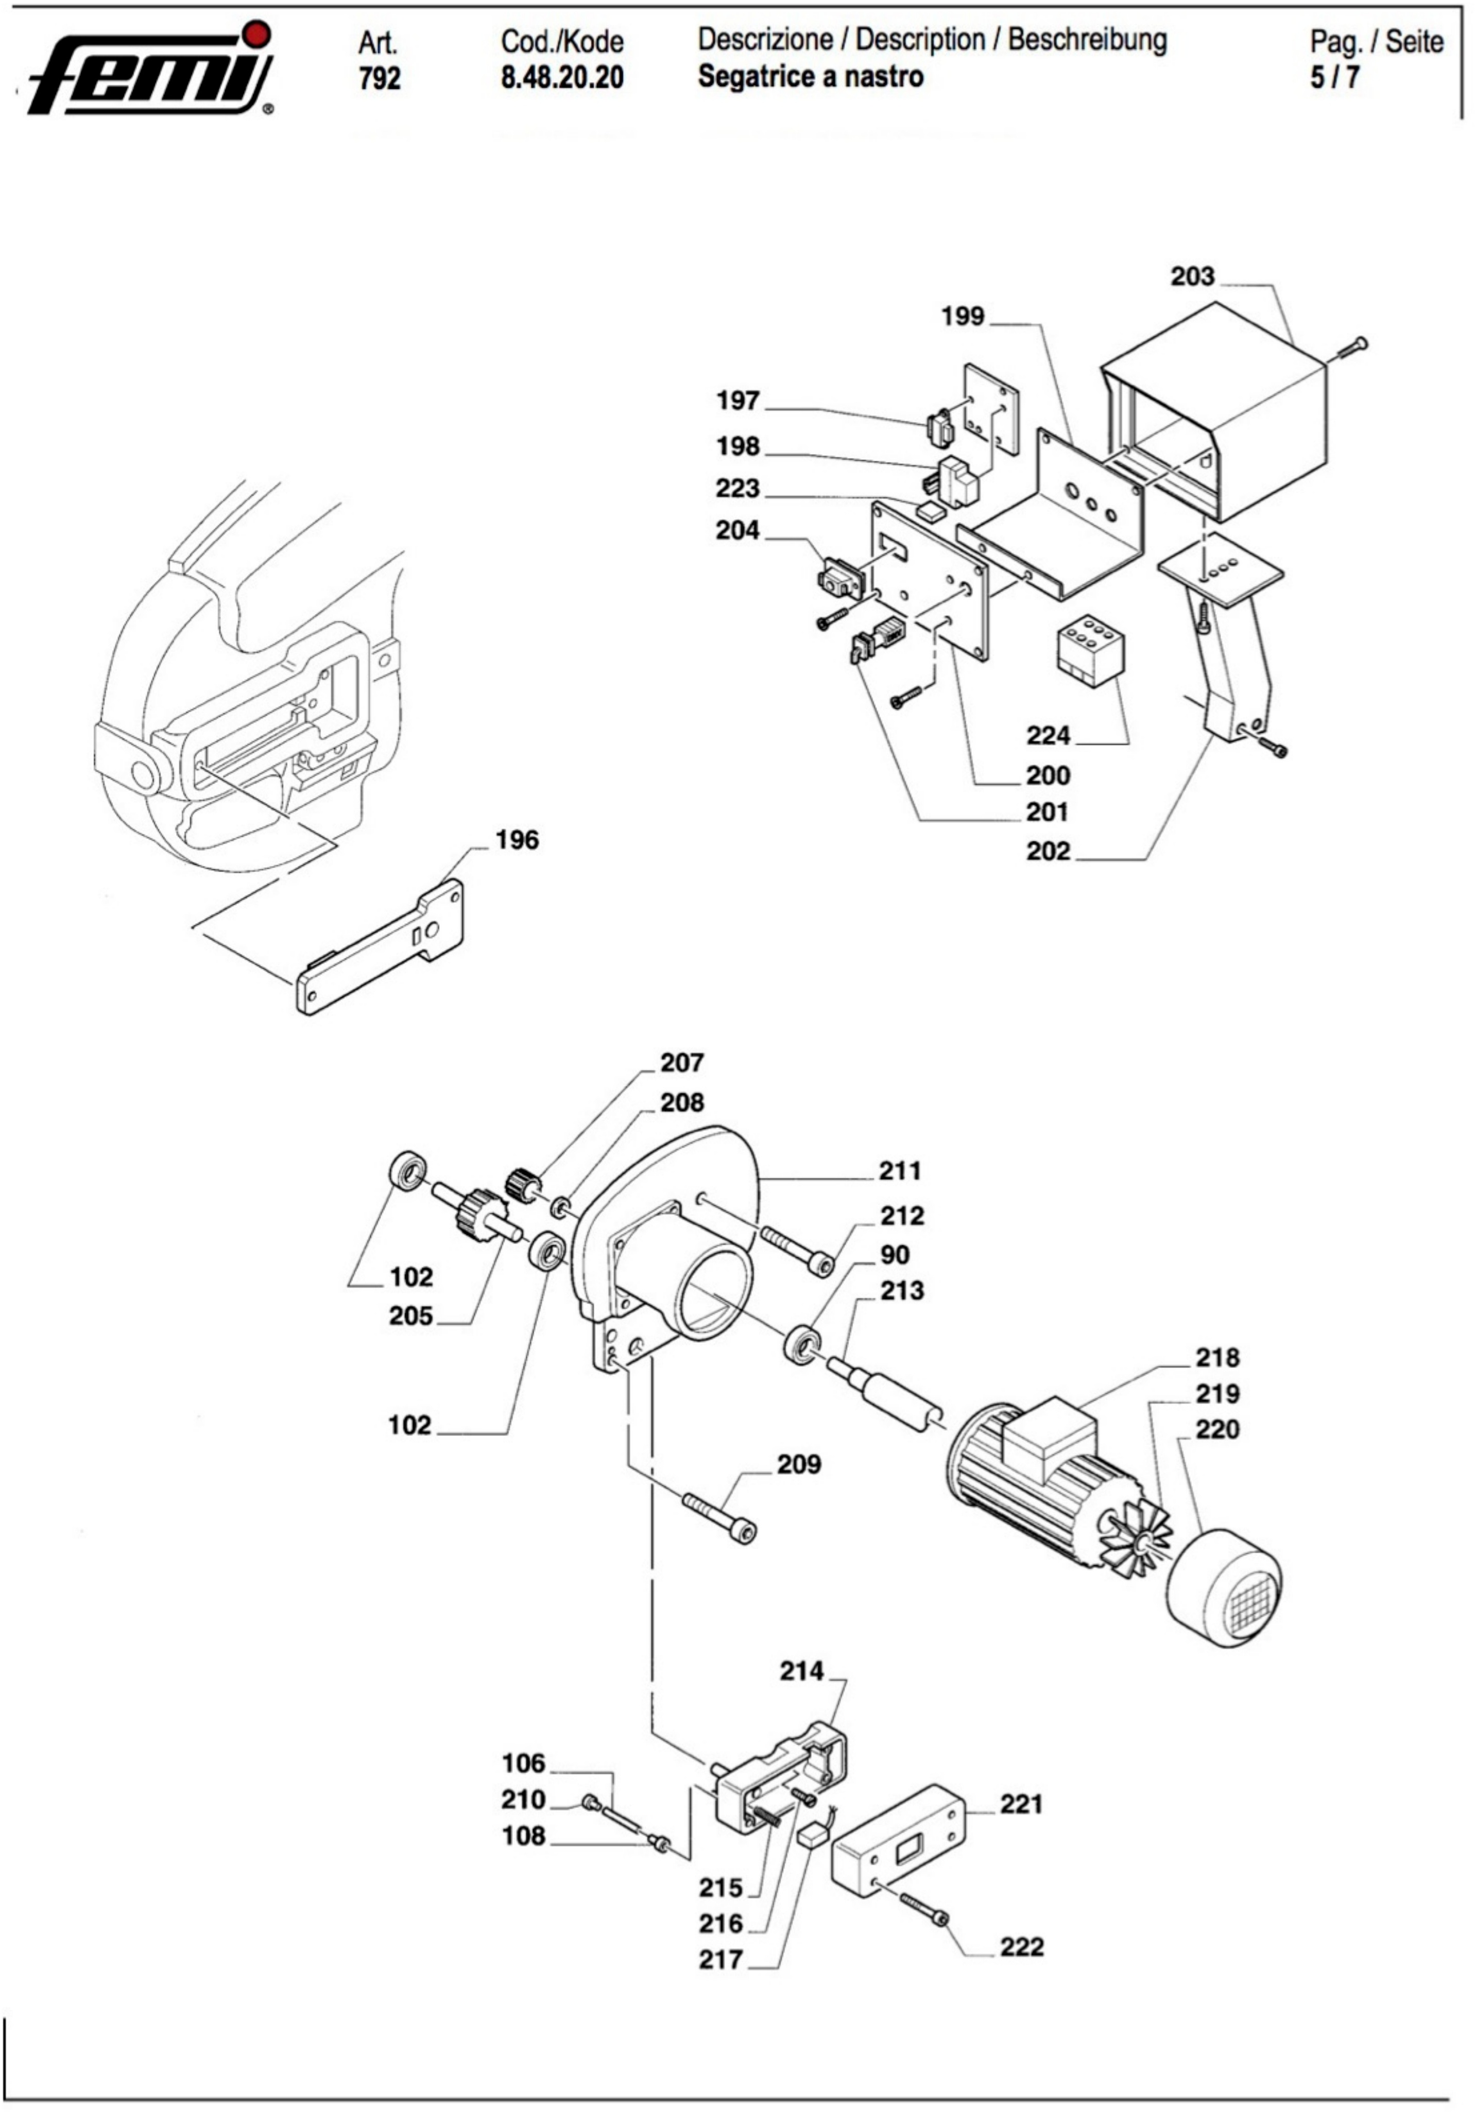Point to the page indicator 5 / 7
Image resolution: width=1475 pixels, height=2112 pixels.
(1335, 77)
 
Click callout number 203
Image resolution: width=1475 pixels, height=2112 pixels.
(1192, 276)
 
